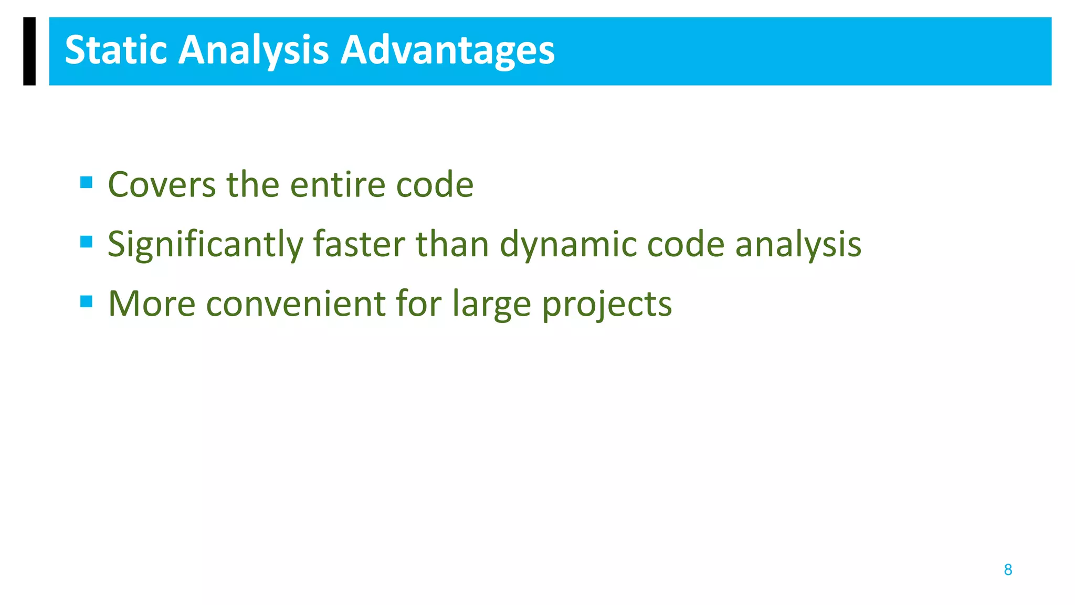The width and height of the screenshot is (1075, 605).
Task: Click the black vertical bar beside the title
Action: click(29, 51)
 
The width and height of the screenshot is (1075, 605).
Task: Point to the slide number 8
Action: click(1008, 570)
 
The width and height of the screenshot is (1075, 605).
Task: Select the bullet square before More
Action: click(87, 301)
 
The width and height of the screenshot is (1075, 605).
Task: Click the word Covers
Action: click(162, 185)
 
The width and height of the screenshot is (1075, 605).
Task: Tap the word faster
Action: click(359, 245)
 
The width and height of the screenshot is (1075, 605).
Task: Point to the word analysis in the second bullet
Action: click(798, 245)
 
